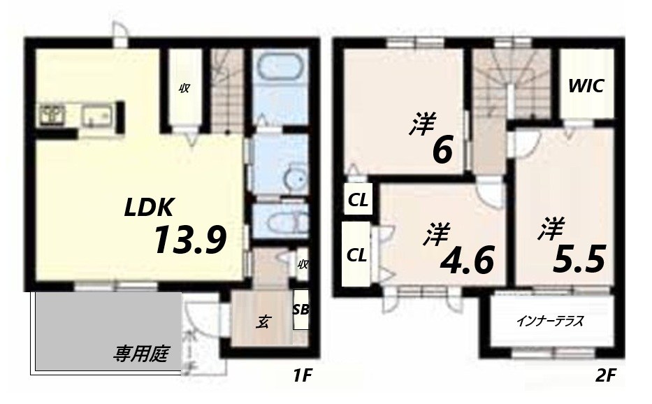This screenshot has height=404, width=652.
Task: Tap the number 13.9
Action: tap(189, 242)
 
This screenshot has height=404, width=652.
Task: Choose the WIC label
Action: tap(586, 87)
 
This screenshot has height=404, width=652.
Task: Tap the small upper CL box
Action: tap(358, 201)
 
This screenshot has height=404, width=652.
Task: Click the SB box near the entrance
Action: tap(300, 309)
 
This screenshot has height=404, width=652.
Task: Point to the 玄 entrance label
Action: tap(263, 322)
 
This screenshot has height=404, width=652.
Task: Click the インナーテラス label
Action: tap(550, 322)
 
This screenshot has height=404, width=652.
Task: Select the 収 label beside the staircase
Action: tap(185, 88)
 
